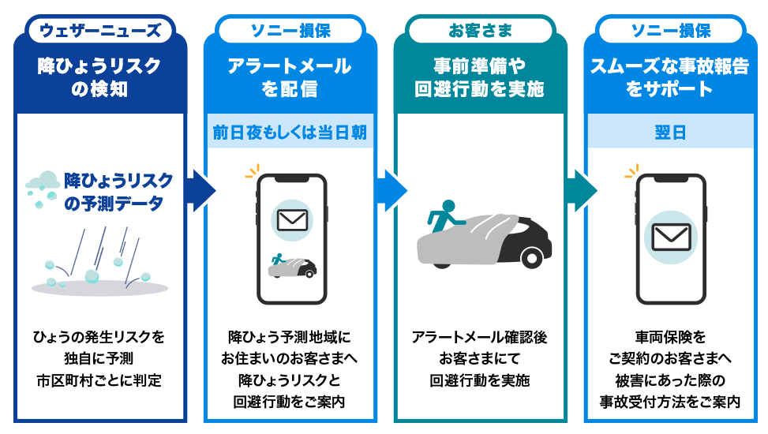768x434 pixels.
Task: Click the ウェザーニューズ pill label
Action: click(100, 31)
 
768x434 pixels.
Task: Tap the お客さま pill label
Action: click(480, 31)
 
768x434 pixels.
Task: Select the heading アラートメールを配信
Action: click(290, 77)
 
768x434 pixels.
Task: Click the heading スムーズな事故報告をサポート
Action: click(670, 77)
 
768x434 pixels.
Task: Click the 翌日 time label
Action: click(670, 133)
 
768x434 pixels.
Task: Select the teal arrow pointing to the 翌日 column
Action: click(582, 190)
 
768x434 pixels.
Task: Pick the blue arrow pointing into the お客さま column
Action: click(391, 190)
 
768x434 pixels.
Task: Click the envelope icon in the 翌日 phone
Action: click(671, 237)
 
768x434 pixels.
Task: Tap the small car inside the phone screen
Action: click(292, 266)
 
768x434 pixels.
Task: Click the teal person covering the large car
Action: click(444, 215)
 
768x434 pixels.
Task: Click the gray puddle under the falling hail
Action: click(100, 287)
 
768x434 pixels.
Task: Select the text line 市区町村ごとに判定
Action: click(99, 380)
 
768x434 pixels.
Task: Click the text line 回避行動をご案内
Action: click(290, 402)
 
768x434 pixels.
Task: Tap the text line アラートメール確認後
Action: click(480, 338)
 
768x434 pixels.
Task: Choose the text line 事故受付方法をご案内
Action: click(670, 402)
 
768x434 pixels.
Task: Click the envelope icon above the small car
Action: click(292, 220)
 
